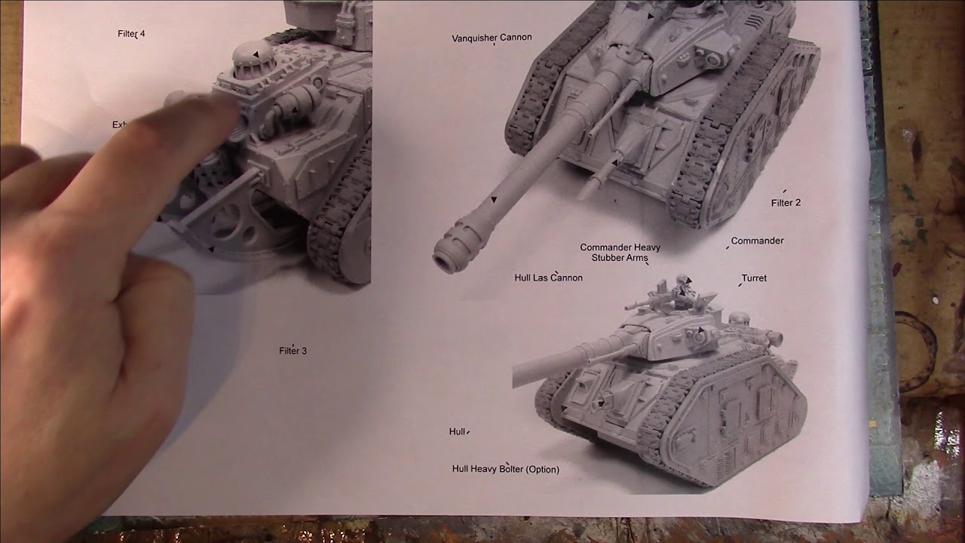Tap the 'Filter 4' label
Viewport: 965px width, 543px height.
pyautogui.click(x=131, y=34)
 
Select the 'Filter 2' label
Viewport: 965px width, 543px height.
pyautogui.click(x=786, y=203)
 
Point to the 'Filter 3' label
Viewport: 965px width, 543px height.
pyautogui.click(x=293, y=351)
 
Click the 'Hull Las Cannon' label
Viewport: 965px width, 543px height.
pyautogui.click(x=548, y=278)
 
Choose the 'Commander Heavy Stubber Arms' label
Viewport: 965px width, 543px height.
pyautogui.click(x=620, y=253)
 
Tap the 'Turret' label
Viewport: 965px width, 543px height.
pyautogui.click(x=753, y=278)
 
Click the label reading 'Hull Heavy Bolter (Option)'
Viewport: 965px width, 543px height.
pyautogui.click(x=505, y=469)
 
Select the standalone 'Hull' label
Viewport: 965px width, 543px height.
pyautogui.click(x=457, y=431)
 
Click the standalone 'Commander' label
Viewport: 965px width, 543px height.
pyautogui.click(x=757, y=241)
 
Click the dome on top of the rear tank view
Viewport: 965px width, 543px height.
pyautogui.click(x=253, y=55)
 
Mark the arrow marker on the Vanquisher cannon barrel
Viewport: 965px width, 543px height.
pyautogui.click(x=494, y=200)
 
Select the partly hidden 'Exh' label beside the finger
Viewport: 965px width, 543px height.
pyautogui.click(x=120, y=125)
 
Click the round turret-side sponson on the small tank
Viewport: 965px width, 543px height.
pyautogui.click(x=700, y=336)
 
